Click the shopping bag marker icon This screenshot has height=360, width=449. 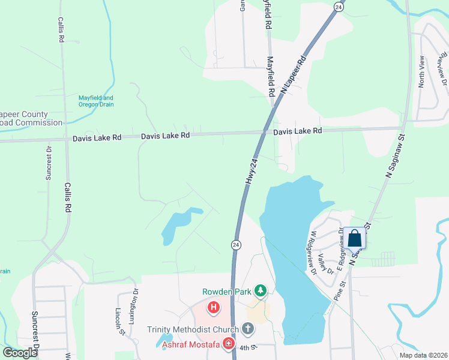[x=355, y=238]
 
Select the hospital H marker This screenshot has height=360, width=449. [x=213, y=308]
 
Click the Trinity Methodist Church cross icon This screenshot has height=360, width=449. [x=247, y=329]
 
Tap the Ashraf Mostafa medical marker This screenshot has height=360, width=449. [x=228, y=344]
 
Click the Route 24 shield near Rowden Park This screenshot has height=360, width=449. [x=236, y=245]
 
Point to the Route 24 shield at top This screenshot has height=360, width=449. [x=339, y=7]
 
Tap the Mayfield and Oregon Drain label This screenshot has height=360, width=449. [x=96, y=101]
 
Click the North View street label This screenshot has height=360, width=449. [x=421, y=71]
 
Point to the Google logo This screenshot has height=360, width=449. [x=20, y=353]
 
